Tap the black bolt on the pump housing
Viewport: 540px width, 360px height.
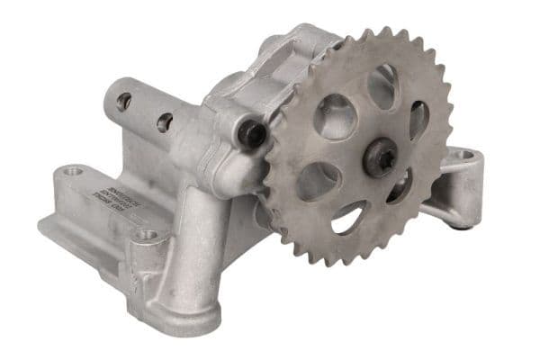tap(253, 134)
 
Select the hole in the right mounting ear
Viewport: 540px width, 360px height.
tap(465, 155)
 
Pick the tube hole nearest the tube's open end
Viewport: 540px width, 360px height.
tap(124, 101)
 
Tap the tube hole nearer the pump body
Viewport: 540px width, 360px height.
tap(164, 121)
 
